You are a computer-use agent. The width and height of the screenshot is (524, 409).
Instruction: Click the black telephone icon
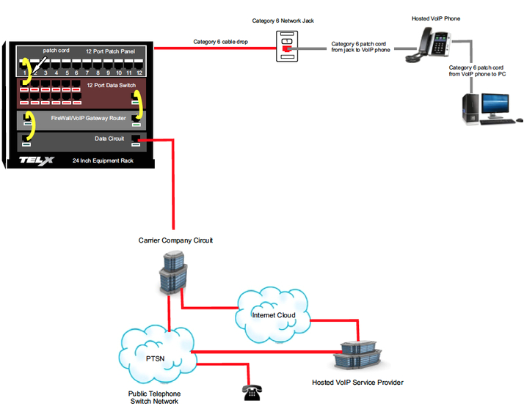coord(251,392)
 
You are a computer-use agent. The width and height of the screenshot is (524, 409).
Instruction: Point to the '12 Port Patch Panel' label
coord(110,52)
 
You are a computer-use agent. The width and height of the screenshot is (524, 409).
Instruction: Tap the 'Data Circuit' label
coord(109,138)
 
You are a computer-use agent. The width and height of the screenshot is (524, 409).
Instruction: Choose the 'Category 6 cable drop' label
coord(220,42)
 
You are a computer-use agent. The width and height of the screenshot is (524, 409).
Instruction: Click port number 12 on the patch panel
coord(139,73)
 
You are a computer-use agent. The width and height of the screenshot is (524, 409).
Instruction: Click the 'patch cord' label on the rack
coord(55,51)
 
